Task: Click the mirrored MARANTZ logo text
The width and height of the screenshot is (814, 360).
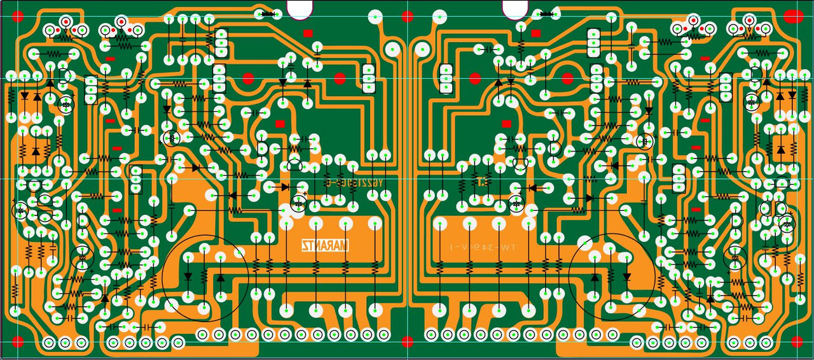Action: click(326, 245)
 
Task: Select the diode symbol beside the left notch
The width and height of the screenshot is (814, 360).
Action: click(268, 13)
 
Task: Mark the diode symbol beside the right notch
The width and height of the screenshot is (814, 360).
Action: click(546, 13)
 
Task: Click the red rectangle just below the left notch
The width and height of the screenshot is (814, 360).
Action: click(308, 33)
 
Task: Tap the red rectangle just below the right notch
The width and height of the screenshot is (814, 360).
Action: click(535, 33)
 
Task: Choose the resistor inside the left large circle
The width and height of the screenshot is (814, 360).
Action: click(204, 277)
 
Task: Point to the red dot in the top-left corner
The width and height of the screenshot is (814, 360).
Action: click(18, 15)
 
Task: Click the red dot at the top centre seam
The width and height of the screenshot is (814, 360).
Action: click(407, 15)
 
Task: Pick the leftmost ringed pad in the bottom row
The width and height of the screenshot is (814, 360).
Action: click(49, 343)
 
